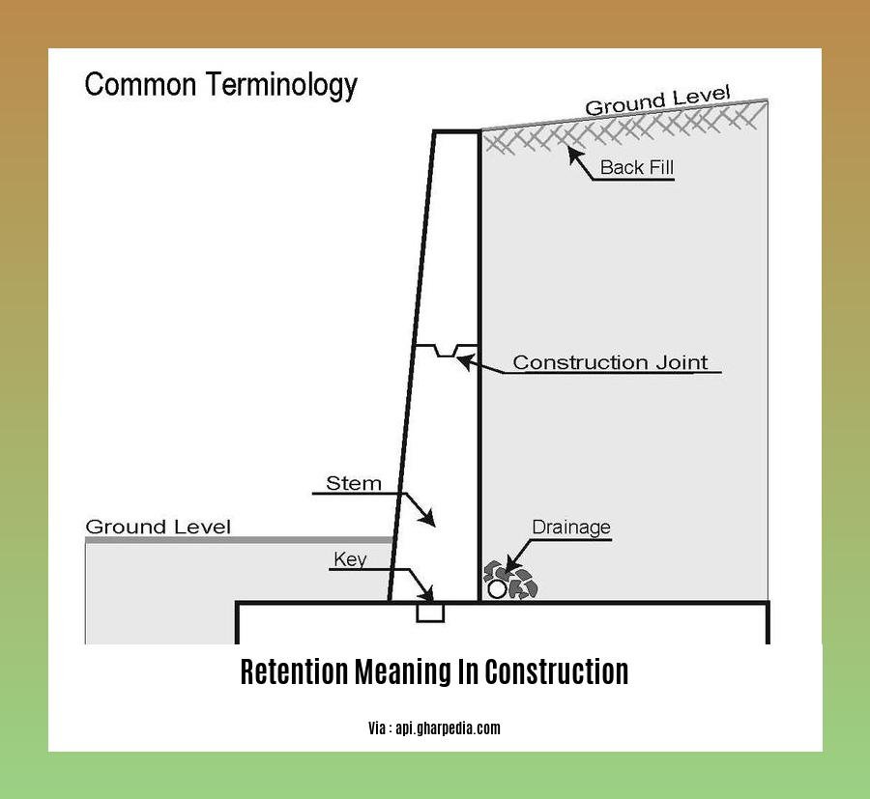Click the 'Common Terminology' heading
[x=221, y=85]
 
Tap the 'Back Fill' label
[x=636, y=167]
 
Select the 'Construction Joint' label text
[x=610, y=363]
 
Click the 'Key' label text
[x=350, y=559]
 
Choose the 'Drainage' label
[x=571, y=528]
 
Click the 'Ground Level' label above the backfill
[x=657, y=101]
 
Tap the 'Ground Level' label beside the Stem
[x=159, y=528]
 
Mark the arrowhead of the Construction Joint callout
[x=462, y=361]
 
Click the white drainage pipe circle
[x=497, y=588]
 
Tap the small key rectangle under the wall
[x=430, y=613]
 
